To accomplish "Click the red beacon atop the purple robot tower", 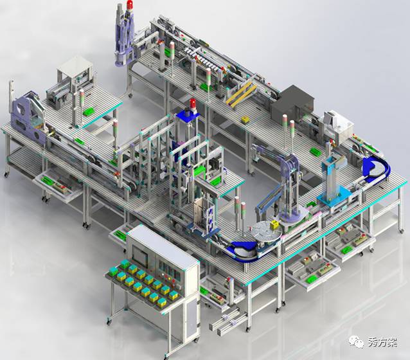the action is pos(130,5).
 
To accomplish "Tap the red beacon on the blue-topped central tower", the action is pos(193,103).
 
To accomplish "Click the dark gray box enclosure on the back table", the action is pos(292,103).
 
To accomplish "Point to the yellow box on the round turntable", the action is pos(274,224).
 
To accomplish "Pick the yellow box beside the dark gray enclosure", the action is pos(245,120).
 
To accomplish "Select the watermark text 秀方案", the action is pos(382,342).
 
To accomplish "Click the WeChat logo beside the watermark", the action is pos(356,341).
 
